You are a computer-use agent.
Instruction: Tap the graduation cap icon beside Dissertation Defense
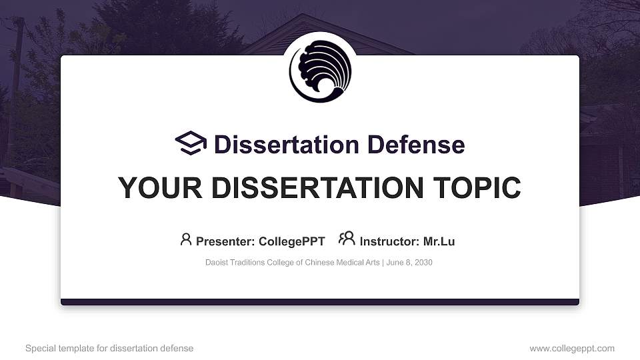[x=191, y=143]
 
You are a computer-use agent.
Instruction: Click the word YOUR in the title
[x=151, y=188]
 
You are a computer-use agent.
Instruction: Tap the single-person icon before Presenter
[x=186, y=239]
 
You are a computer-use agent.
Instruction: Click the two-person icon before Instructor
[x=347, y=239]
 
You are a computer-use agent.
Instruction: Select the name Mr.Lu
[x=439, y=241]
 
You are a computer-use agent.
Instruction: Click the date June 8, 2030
[x=409, y=263]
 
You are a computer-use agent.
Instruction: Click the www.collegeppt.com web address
[x=572, y=348]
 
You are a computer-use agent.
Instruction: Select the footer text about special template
[x=109, y=348]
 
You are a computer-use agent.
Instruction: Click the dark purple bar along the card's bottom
[x=320, y=302]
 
